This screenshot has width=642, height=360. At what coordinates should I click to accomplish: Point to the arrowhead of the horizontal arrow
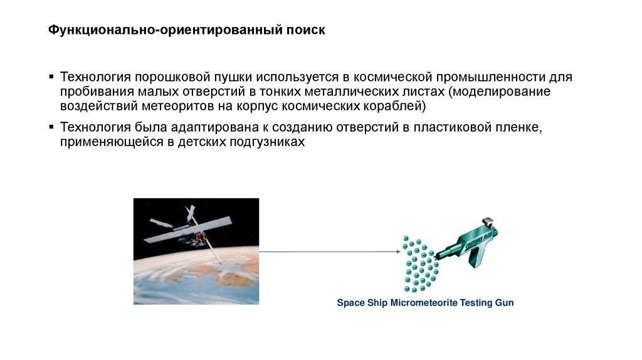397,251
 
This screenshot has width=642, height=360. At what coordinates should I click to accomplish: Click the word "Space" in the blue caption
350,303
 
